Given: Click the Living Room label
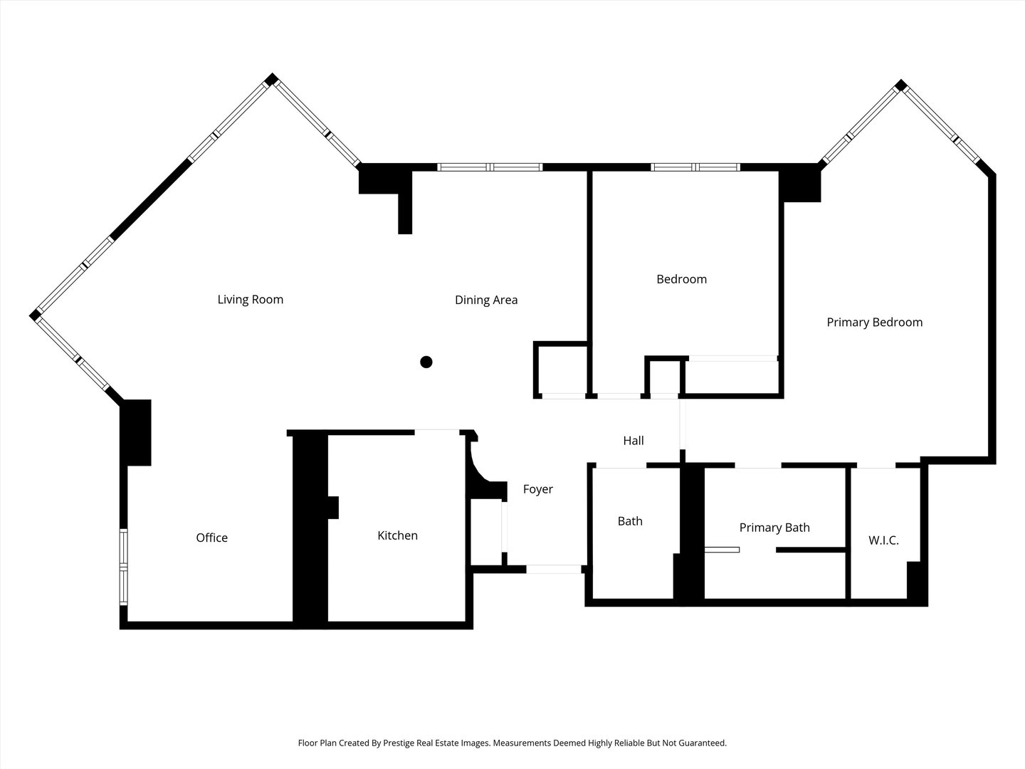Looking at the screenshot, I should [x=250, y=300].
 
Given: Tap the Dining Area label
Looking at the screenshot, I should [x=486, y=300].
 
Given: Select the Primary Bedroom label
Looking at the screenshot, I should [x=874, y=323].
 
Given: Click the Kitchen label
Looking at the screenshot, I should [x=397, y=535].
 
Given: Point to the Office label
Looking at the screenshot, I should [x=211, y=538].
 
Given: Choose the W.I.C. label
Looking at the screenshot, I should [x=883, y=540].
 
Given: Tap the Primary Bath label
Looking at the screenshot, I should [x=774, y=528].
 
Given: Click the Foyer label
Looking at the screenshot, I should [x=537, y=489].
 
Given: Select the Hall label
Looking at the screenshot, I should [x=634, y=441].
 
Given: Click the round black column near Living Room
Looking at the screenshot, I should [x=426, y=362].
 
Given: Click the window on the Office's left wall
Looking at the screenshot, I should [x=123, y=567].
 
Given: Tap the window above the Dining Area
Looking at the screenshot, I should [x=490, y=167].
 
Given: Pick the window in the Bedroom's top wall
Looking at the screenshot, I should [x=695, y=167].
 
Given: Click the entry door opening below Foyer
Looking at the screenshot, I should [x=554, y=569].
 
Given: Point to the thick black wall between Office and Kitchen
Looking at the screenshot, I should [x=310, y=530].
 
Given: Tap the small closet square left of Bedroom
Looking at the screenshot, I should [x=562, y=369].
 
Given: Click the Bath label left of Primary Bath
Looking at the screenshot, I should [x=630, y=521].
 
